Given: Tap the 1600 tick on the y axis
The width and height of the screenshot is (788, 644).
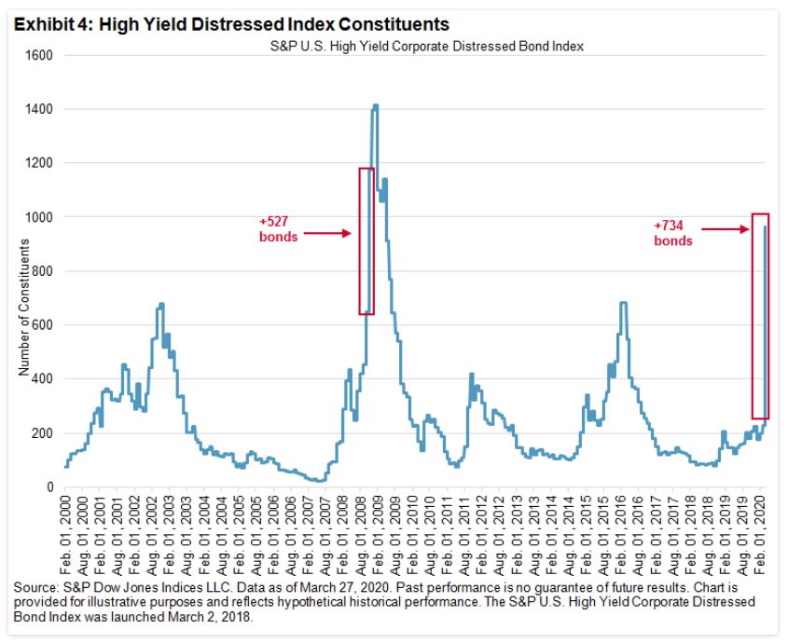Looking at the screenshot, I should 40,55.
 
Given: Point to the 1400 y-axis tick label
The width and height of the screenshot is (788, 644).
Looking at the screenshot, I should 40,109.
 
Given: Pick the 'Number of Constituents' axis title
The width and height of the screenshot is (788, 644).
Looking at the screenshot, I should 24,308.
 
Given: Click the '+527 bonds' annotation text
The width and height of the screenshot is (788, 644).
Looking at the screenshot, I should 277,229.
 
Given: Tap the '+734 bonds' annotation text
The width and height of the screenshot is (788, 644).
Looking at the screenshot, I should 673,233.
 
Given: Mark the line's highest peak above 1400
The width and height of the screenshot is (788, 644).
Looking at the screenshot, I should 375,106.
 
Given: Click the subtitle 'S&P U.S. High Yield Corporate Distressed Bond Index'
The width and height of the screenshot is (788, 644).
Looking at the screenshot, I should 420,48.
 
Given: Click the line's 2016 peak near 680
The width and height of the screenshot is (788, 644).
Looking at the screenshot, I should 622,303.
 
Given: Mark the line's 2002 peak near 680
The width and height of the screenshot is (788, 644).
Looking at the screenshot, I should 161,304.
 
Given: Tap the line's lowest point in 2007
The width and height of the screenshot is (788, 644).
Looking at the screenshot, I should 320,481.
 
